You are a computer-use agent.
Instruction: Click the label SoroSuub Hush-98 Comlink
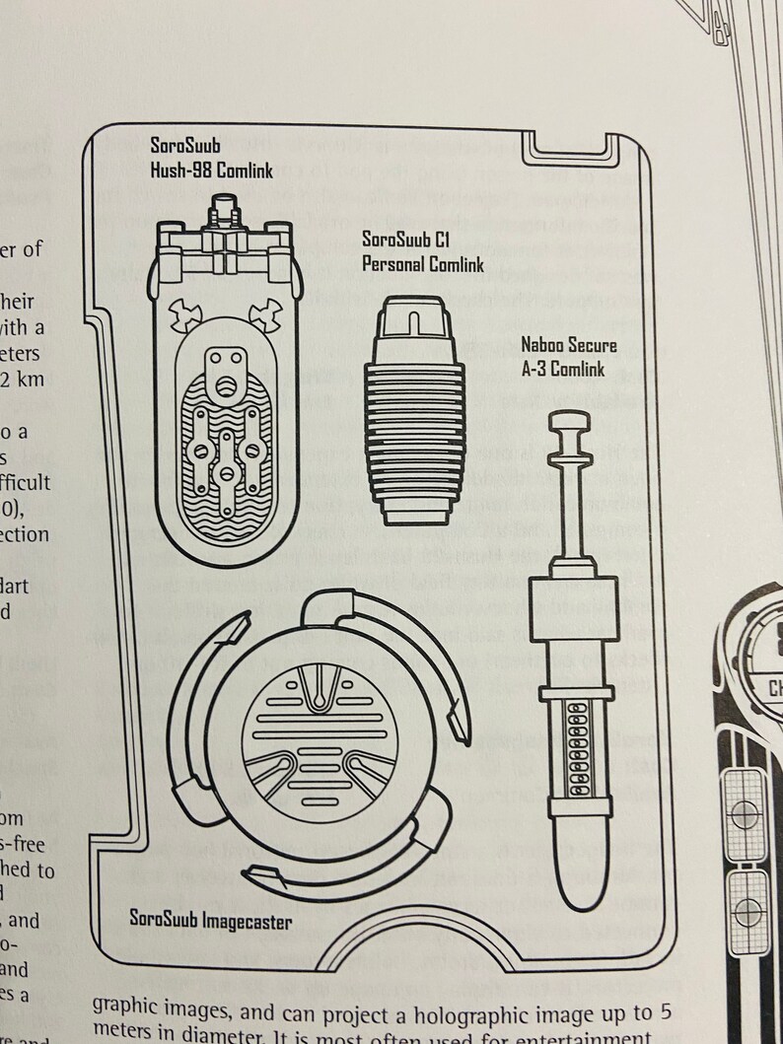click(211, 158)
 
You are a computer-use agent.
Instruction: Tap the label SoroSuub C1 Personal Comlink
click(406, 252)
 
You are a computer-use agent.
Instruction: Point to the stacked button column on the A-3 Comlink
click(575, 754)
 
